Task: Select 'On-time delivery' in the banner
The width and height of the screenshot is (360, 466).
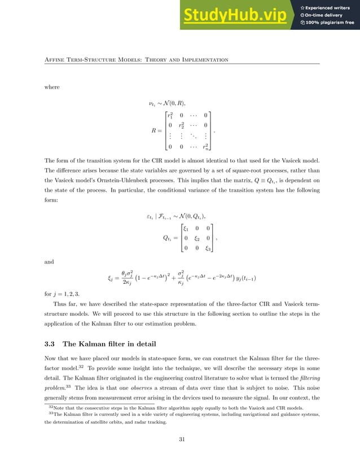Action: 326,15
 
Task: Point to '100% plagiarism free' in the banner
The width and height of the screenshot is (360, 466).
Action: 330,23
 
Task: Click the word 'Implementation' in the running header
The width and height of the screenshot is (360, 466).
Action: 204,59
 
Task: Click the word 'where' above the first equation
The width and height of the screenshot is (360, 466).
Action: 52,87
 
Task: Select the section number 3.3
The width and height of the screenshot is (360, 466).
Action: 50,344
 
